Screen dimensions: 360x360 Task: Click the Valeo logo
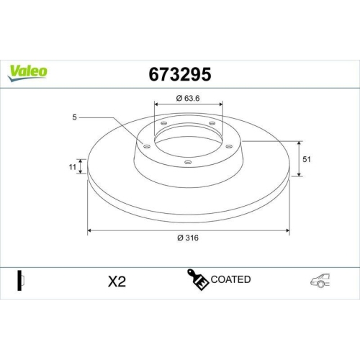[28, 71]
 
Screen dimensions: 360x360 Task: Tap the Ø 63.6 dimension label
[189, 98]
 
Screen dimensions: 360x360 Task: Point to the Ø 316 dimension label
[189, 239]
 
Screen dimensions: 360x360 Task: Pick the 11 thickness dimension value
[73, 167]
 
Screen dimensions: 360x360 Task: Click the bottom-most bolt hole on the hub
[188, 162]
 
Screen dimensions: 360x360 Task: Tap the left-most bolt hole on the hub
[147, 147]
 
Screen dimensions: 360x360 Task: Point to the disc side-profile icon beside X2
[21, 280]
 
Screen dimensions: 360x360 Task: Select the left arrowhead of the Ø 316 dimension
[90, 230]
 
